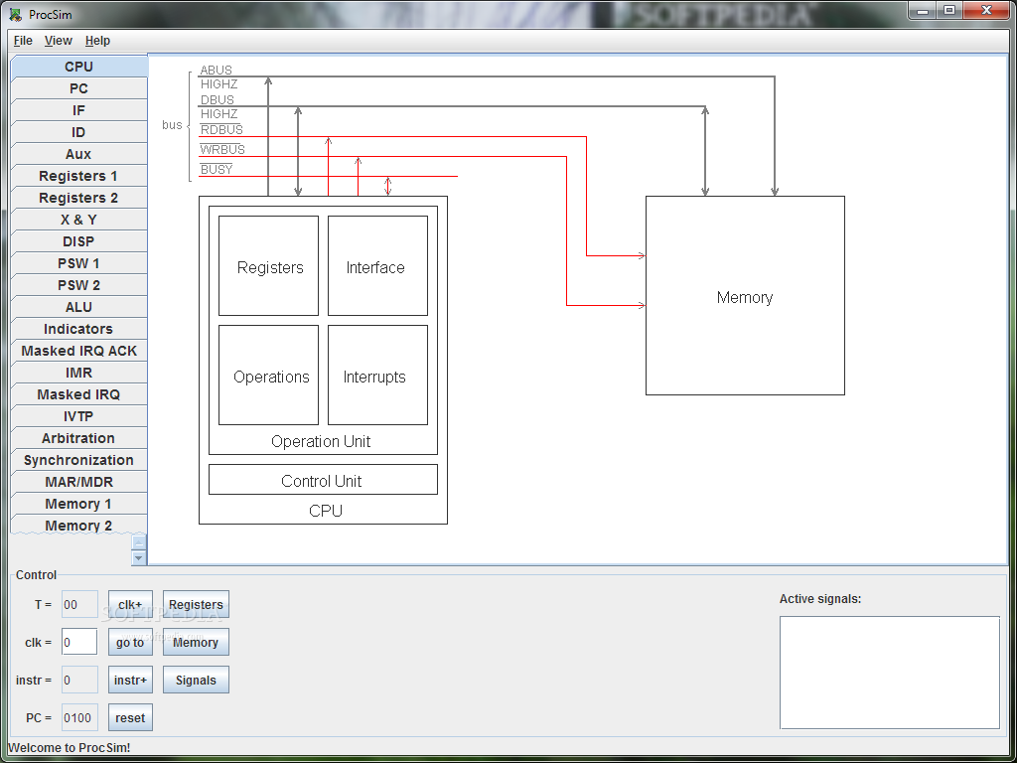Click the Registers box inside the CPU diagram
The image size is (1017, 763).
pyautogui.click(x=268, y=265)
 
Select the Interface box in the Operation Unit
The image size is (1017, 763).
pyautogui.click(x=377, y=265)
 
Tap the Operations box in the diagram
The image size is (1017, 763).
pyautogui.click(x=268, y=375)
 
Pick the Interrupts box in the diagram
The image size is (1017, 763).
pyautogui.click(x=377, y=375)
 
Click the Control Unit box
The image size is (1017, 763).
pyautogui.click(x=323, y=480)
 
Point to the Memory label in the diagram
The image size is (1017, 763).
pyautogui.click(x=745, y=297)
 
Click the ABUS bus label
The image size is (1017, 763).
pyautogui.click(x=216, y=71)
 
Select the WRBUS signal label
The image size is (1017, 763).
pyautogui.click(x=222, y=150)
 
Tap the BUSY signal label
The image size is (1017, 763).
pyautogui.click(x=217, y=169)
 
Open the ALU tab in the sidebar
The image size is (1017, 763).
pyautogui.click(x=78, y=307)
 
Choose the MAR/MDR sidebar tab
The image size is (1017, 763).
pyautogui.click(x=78, y=482)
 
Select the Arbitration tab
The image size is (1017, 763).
pyautogui.click(x=78, y=438)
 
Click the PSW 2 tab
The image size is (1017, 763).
pyautogui.click(x=78, y=285)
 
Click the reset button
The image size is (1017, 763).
pyautogui.click(x=130, y=717)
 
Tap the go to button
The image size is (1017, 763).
pyautogui.click(x=130, y=643)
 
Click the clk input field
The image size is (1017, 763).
pyautogui.click(x=79, y=643)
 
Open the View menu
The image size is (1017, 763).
pyautogui.click(x=59, y=40)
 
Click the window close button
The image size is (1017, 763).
pyautogui.click(x=986, y=10)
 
